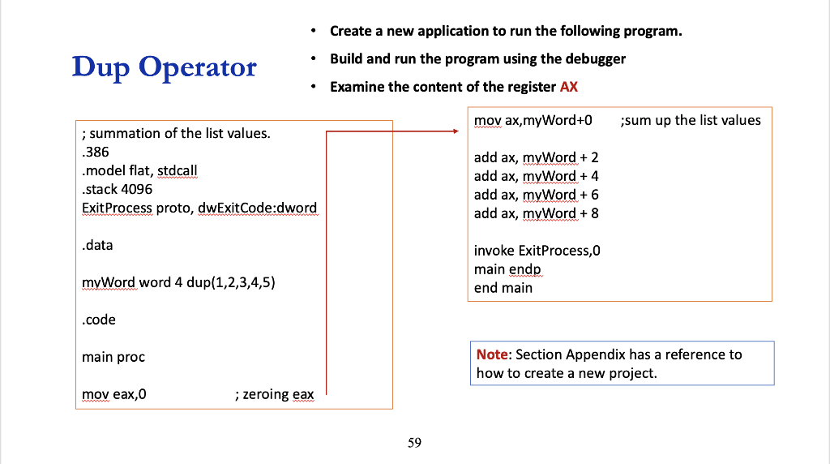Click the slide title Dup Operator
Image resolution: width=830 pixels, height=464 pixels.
tap(164, 67)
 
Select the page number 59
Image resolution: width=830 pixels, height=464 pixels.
tap(414, 442)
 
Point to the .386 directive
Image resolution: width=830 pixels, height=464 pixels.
tap(95, 152)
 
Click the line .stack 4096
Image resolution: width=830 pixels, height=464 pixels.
tap(117, 189)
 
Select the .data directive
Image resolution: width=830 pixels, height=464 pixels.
tap(97, 245)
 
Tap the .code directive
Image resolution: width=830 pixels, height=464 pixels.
tap(99, 320)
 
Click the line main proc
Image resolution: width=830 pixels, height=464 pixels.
tap(113, 357)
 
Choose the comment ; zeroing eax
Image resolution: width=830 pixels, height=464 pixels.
tap(273, 394)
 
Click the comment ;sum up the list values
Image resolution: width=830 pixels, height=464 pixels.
tap(690, 120)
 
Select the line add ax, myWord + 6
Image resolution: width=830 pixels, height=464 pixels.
tap(536, 195)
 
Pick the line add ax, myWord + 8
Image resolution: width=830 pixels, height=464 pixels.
tap(536, 213)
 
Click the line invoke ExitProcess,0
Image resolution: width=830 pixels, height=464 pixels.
tap(537, 251)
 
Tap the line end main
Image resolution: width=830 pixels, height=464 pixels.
tap(503, 287)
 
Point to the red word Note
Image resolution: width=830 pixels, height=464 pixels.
tap(492, 354)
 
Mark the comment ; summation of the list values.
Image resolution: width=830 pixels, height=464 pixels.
tap(176, 133)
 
